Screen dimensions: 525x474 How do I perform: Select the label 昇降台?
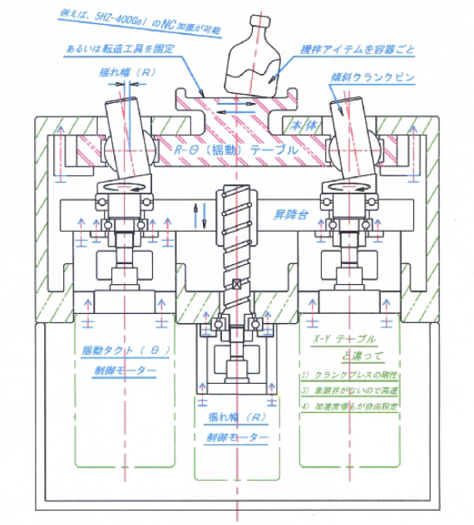pyautogui.click(x=291, y=214)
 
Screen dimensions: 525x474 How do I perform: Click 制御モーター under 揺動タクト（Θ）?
pyautogui.click(x=124, y=371)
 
